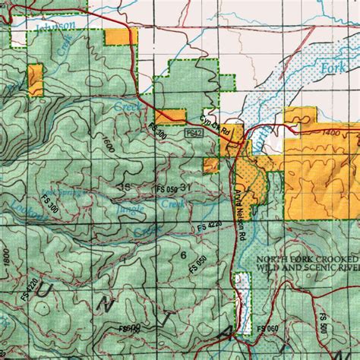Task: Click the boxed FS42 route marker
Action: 194,132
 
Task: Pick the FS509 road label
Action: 130,328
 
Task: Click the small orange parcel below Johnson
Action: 36,80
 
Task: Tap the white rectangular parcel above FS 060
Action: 243,304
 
